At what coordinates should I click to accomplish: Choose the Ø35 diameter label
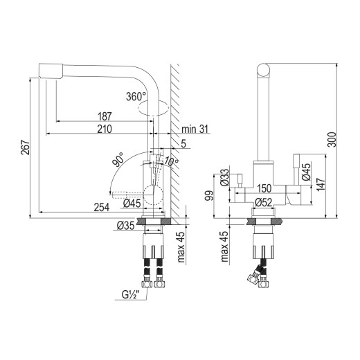click(x=125, y=225)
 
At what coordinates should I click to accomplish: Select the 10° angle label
click(x=171, y=162)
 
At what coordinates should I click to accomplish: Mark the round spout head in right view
click(x=263, y=69)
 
